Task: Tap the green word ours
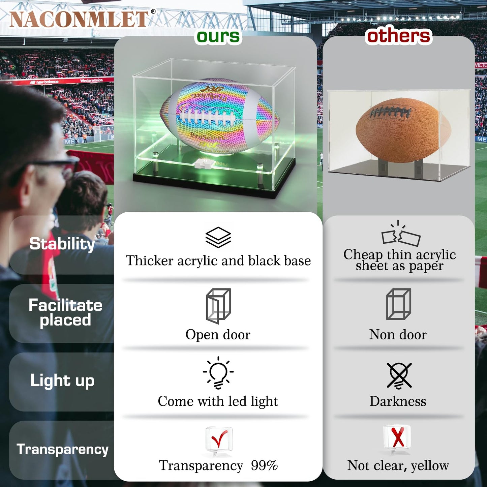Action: click(218, 36)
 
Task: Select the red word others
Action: click(399, 36)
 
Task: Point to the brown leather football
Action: click(403, 129)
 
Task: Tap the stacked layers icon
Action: click(218, 237)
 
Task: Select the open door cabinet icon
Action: click(218, 305)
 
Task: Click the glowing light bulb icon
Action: click(218, 373)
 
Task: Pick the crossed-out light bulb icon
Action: click(399, 375)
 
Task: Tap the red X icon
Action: click(398, 437)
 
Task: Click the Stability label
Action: click(62, 244)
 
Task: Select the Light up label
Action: click(62, 381)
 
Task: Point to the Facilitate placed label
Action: click(65, 312)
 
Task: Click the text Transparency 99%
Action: click(218, 465)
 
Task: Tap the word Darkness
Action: click(398, 401)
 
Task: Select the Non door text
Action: click(398, 334)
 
